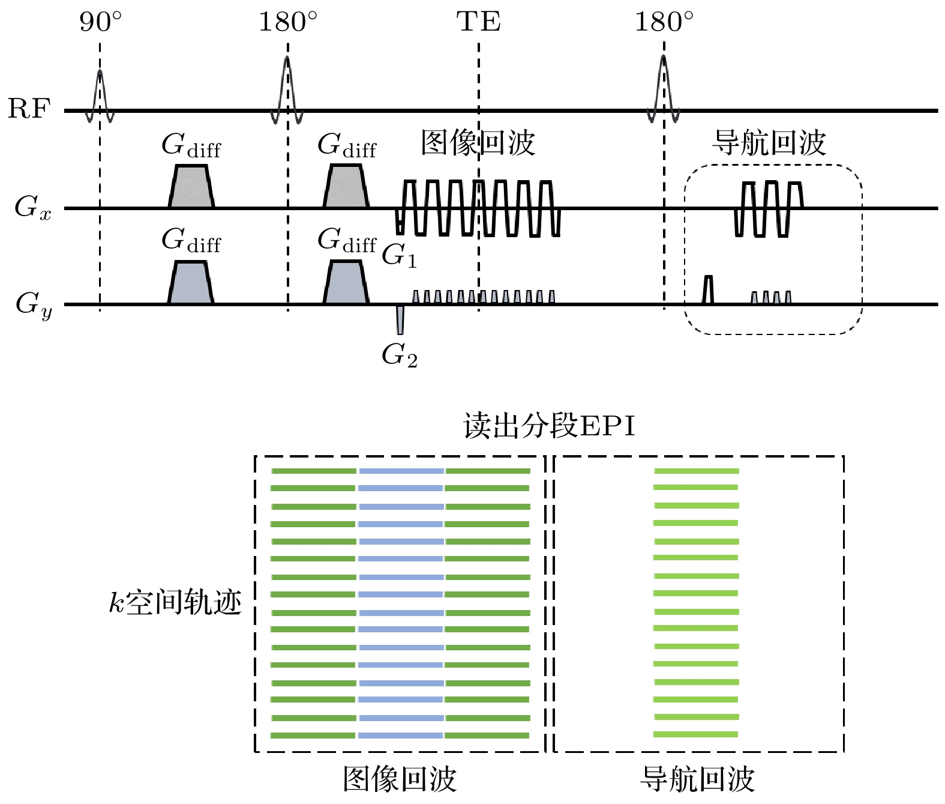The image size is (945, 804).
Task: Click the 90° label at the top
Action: pyautogui.click(x=100, y=23)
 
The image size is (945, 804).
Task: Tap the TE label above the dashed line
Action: pyautogui.click(x=478, y=23)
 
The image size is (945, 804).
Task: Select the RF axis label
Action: pyautogui.click(x=28, y=109)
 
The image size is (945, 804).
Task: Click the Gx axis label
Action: pyautogui.click(x=32, y=208)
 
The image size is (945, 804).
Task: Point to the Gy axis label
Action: pyautogui.click(x=34, y=304)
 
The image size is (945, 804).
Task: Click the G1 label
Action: pyautogui.click(x=399, y=256)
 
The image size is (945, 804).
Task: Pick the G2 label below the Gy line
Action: pyautogui.click(x=400, y=355)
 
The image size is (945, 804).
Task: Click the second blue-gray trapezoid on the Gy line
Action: pyautogui.click(x=346, y=283)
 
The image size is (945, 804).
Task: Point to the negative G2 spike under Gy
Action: pyautogui.click(x=400, y=319)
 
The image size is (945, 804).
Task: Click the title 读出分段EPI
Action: pyautogui.click(x=549, y=426)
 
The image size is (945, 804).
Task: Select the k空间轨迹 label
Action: pyautogui.click(x=175, y=602)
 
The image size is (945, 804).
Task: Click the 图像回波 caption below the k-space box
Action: pyautogui.click(x=400, y=779)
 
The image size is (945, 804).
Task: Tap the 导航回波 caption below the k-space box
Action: pyautogui.click(x=697, y=779)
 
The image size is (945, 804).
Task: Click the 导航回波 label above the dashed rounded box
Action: pyautogui.click(x=769, y=143)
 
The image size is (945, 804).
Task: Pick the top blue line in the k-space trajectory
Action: pyautogui.click(x=401, y=471)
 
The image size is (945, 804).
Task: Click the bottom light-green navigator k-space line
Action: pyautogui.click(x=696, y=734)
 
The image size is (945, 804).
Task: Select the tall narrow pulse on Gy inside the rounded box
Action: pyautogui.click(x=709, y=289)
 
